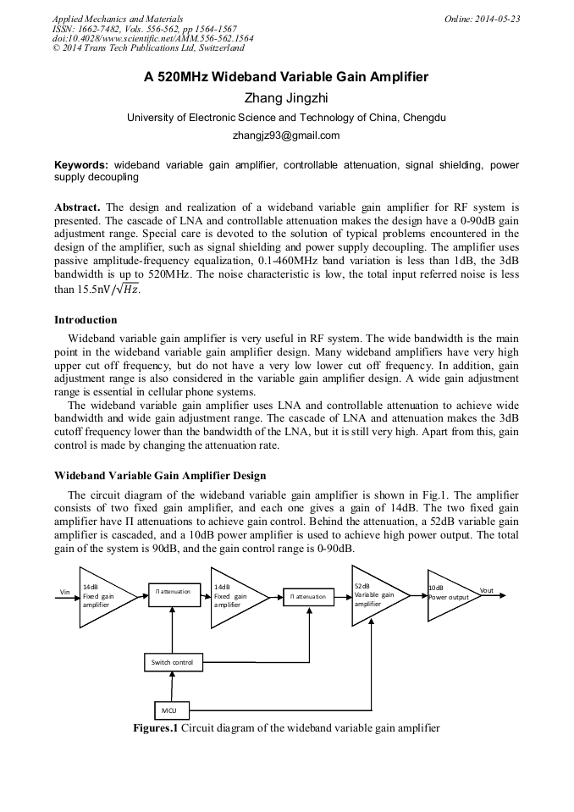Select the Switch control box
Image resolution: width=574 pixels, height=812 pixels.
(172, 662)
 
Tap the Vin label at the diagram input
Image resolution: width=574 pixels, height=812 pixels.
(64, 593)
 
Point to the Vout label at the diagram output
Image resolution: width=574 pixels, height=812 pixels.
(486, 590)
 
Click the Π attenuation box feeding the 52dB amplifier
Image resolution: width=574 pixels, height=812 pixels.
(309, 596)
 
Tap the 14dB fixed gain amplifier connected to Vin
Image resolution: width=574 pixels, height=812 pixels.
(102, 596)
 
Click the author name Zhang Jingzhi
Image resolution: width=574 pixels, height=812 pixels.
(286, 98)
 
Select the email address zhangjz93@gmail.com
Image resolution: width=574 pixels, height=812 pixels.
(286, 135)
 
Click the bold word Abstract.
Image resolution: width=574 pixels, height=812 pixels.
(78, 207)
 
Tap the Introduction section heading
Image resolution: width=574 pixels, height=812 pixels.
(86, 320)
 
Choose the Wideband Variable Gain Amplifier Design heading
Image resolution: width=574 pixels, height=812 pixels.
(160, 475)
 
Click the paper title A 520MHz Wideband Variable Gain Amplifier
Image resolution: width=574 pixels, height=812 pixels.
(286, 77)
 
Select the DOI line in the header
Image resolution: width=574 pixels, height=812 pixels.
(152, 38)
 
